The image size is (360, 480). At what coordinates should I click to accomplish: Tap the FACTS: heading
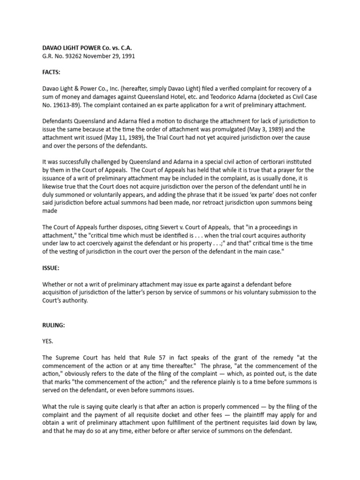pos(52,73)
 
